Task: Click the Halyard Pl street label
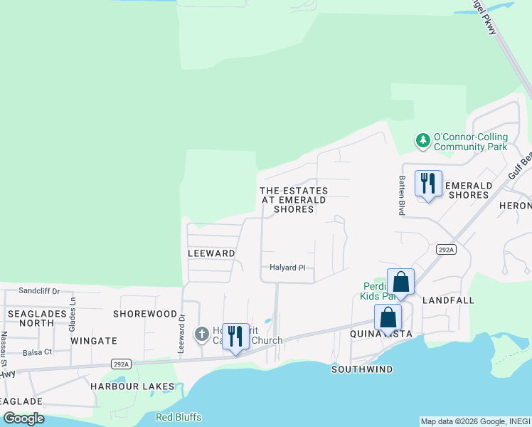(x=287, y=268)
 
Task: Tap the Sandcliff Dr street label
(x=40, y=290)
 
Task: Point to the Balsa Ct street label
(x=37, y=352)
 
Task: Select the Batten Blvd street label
(x=401, y=196)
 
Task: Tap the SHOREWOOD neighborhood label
(x=145, y=314)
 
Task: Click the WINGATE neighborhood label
(x=94, y=341)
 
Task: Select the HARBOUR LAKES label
(x=132, y=386)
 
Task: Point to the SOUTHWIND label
(x=362, y=369)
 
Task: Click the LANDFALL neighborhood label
(x=448, y=300)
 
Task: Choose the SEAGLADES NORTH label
(x=31, y=318)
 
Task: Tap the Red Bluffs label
(x=179, y=417)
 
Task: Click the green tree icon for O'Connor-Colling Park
(x=423, y=141)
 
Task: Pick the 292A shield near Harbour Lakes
(x=121, y=364)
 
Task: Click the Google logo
(x=23, y=418)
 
